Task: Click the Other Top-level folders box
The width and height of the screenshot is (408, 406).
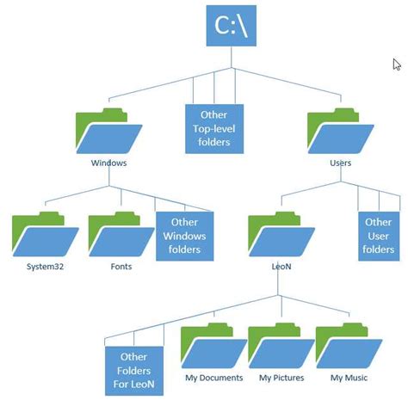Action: [213, 128]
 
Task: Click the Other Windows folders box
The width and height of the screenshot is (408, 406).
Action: [184, 235]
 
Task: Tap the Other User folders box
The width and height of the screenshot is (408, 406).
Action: [378, 235]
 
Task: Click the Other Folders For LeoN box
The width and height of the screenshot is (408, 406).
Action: [133, 370]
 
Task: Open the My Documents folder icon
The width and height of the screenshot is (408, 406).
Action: [213, 348]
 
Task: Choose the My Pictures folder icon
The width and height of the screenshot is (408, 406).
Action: [281, 348]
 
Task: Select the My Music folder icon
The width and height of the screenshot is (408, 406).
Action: [348, 348]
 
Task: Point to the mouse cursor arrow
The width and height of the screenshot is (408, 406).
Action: [397, 65]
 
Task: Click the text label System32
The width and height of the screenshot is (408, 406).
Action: [45, 268]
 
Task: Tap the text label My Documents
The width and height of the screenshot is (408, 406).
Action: [213, 378]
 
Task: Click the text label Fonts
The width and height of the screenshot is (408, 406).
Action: [121, 268]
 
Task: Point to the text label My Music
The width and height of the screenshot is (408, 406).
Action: [349, 378]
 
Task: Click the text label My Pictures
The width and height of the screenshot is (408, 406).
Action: [281, 378]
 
